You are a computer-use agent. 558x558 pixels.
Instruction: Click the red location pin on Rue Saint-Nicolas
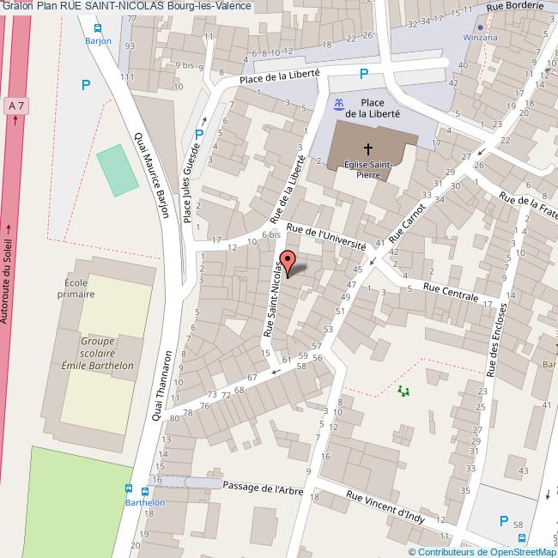coord(288,262)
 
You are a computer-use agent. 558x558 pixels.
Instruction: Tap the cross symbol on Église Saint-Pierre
coord(368,149)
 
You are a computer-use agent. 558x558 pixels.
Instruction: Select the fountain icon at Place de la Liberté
coord(338,104)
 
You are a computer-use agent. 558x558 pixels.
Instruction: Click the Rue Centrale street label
coord(451,294)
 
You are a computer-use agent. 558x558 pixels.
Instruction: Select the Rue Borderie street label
coord(514,6)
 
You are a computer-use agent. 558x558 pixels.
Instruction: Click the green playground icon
coord(403,391)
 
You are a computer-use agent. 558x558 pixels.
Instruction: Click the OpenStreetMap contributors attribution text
coord(482,552)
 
